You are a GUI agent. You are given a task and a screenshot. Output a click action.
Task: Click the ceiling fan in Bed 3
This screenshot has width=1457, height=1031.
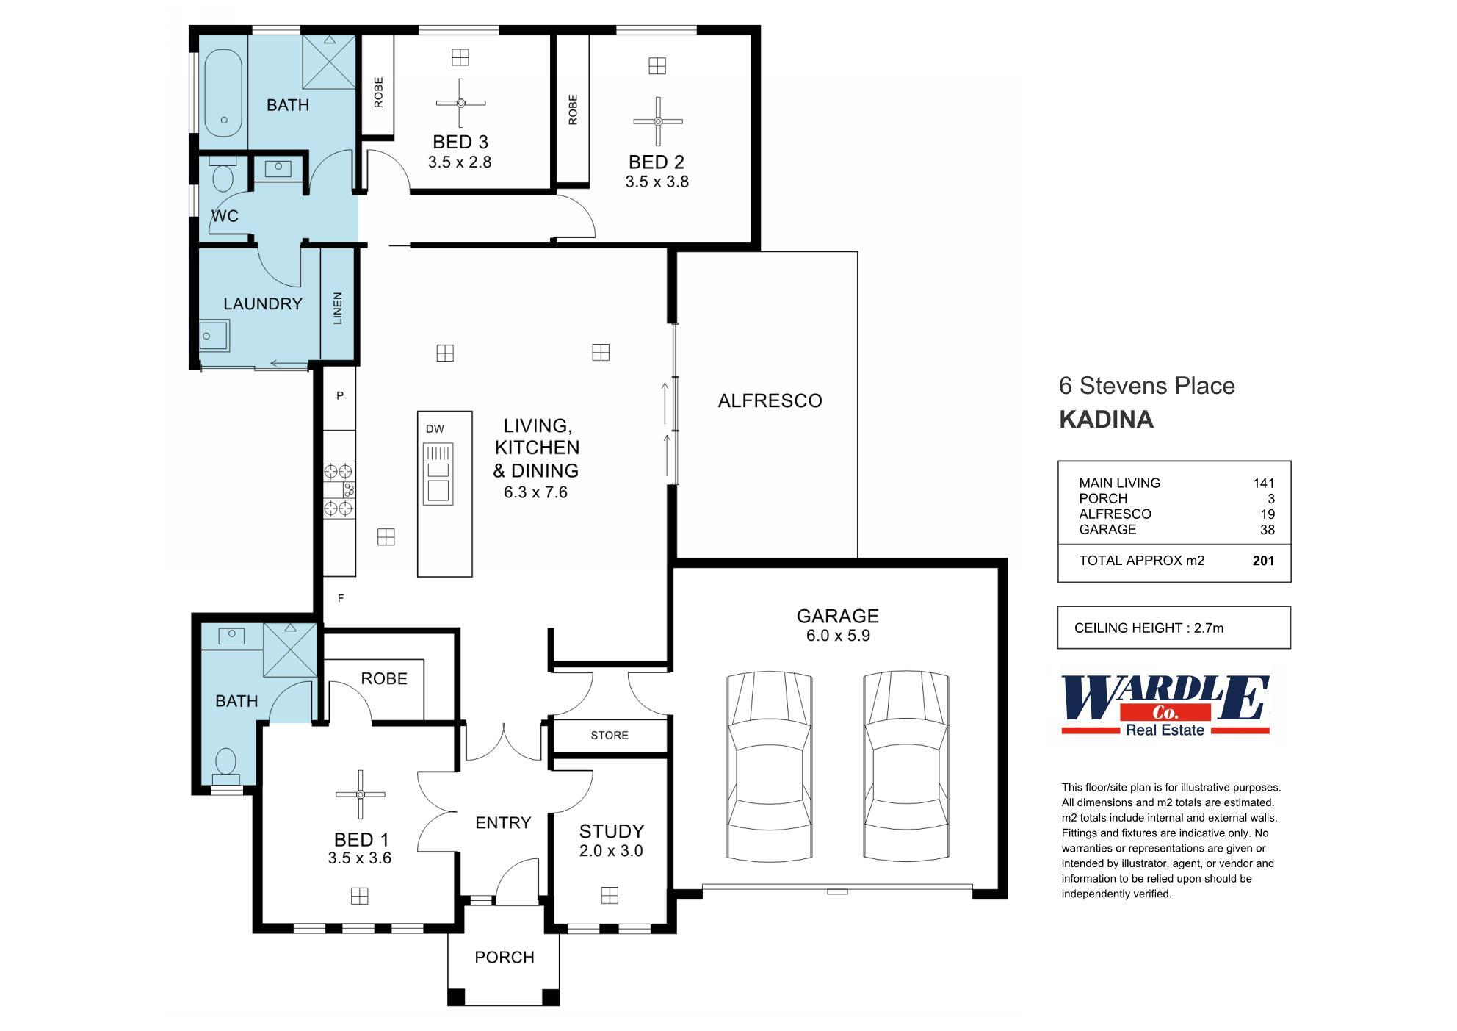[460, 103]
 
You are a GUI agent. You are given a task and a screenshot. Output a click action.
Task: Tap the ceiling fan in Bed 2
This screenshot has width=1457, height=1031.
[658, 121]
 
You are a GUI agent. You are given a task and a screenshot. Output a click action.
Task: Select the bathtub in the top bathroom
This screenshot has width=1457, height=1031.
[223, 93]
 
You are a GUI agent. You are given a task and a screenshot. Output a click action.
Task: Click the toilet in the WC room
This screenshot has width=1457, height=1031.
[222, 176]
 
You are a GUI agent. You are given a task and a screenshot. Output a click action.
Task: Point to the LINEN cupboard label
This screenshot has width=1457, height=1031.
[338, 307]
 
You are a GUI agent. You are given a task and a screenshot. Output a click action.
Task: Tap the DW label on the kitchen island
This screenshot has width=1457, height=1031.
[435, 428]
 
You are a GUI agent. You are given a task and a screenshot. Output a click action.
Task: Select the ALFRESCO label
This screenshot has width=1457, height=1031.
[770, 400]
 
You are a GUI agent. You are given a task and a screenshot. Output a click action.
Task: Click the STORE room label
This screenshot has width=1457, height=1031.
[610, 735]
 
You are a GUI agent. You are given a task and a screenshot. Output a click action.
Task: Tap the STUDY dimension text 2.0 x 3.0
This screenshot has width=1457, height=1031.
[611, 851]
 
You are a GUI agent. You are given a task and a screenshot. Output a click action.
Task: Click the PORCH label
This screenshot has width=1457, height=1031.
[504, 957]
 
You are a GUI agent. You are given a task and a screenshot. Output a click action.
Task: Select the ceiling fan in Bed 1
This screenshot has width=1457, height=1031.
[360, 794]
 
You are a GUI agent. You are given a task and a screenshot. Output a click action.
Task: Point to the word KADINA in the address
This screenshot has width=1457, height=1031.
[1106, 420]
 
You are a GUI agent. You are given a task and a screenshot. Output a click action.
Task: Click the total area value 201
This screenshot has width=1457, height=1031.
[1263, 561]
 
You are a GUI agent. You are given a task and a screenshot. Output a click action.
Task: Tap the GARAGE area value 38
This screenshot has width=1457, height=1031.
[1267, 530]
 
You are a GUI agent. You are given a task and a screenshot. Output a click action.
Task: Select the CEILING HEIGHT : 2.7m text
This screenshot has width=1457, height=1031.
[1149, 628]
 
